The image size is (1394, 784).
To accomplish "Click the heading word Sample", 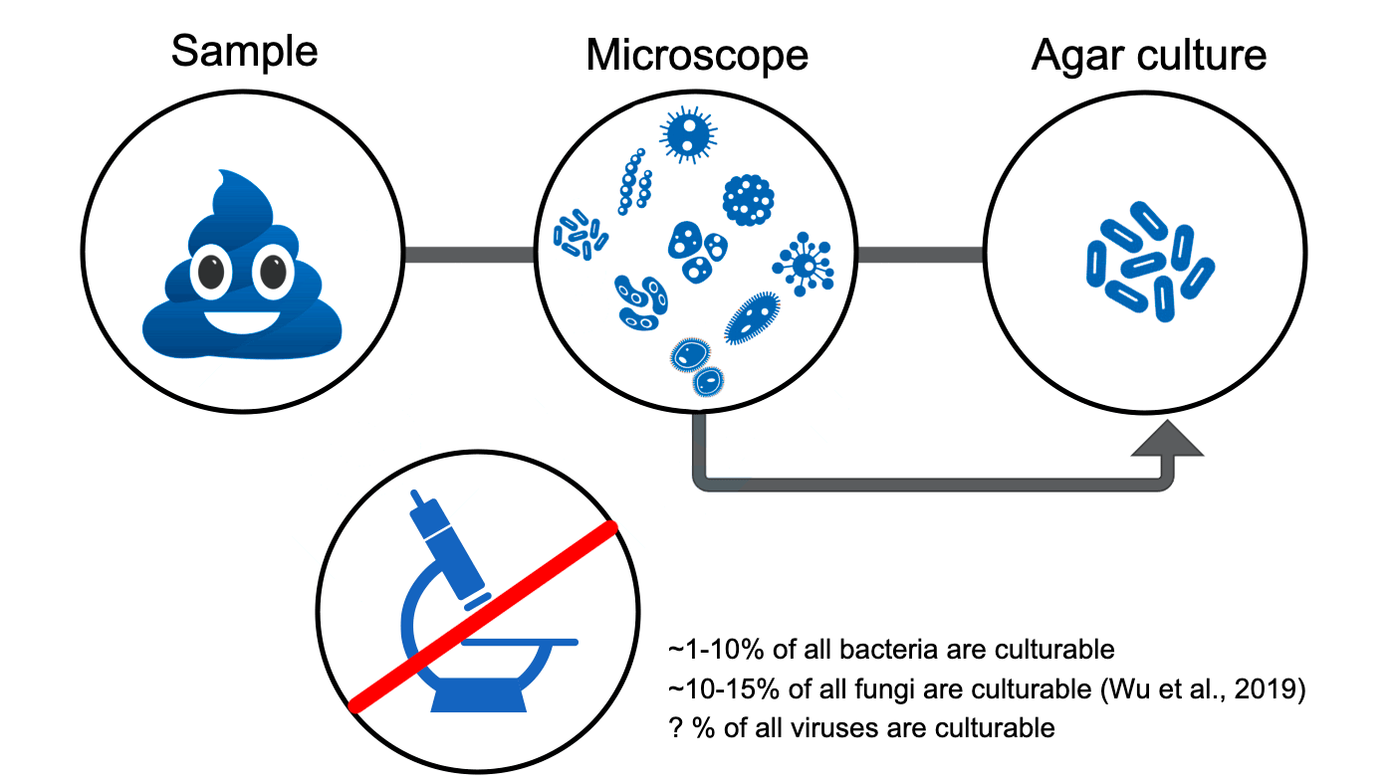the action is pos(245,51).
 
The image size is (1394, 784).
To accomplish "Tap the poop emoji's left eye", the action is pos(211,272).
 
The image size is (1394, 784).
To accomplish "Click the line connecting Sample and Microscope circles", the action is pos(470,255).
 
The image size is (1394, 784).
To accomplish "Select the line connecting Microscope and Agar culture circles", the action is pos(920,255).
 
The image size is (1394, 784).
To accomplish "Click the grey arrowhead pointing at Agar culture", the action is pos(1167,439).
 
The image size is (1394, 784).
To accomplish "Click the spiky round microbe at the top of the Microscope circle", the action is pos(688,134).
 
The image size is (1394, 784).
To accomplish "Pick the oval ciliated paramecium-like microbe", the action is pos(752,317).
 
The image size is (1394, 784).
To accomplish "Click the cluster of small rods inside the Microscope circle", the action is pos(580,235).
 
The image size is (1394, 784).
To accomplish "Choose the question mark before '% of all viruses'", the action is pos(676,727).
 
